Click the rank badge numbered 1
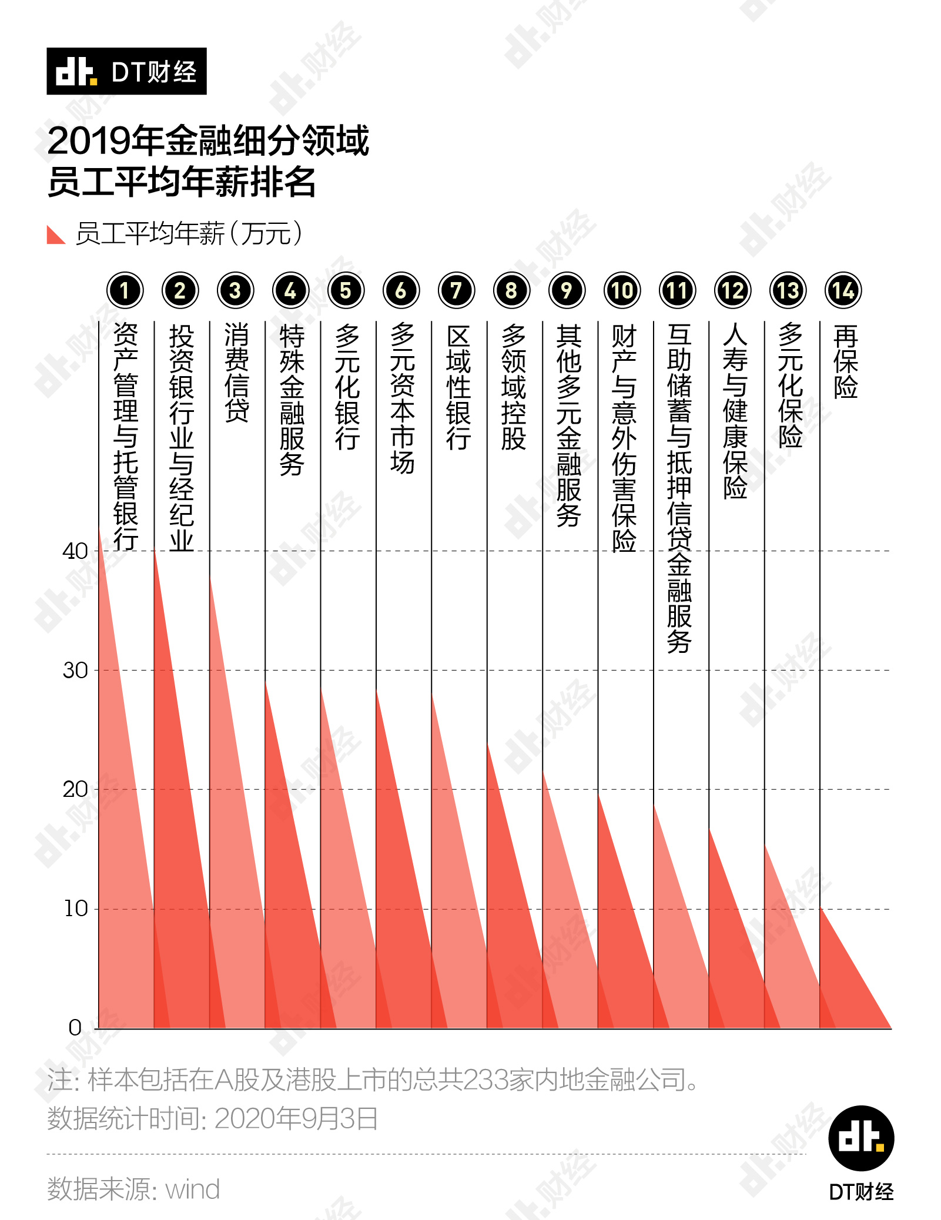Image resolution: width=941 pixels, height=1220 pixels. click(x=125, y=290)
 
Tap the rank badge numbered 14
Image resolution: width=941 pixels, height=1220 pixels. click(x=843, y=290)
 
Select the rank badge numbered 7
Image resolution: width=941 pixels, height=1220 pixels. click(x=456, y=290)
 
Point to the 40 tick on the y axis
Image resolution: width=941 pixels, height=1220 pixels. click(x=75, y=551)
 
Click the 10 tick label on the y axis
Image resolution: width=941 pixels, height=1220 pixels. click(x=76, y=909)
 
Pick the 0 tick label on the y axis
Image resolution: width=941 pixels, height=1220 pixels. click(x=75, y=1028)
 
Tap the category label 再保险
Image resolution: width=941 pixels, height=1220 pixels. click(x=846, y=361)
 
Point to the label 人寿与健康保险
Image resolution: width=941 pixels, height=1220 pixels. click(x=735, y=411)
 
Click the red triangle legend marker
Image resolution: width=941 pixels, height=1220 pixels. click(x=55, y=234)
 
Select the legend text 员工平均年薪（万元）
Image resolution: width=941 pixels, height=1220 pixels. click(x=189, y=233)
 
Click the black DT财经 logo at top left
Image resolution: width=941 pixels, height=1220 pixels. click(x=126, y=71)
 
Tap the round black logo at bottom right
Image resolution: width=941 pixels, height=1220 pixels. click(x=861, y=1138)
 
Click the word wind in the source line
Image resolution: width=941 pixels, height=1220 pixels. click(x=192, y=1189)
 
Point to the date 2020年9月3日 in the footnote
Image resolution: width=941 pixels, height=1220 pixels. click(x=296, y=1119)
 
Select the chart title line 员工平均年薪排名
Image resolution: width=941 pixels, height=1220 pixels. click(x=182, y=182)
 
